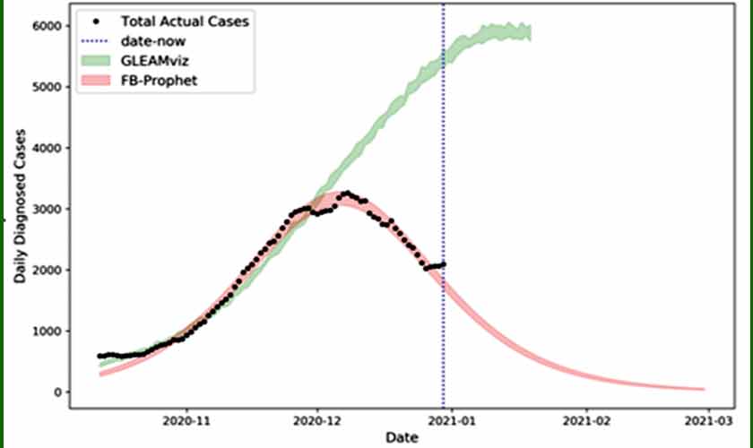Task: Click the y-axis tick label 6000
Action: click(x=46, y=26)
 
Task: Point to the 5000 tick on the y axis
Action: click(x=46, y=87)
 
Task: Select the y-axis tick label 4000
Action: click(x=46, y=148)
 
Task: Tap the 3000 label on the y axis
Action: click(x=46, y=209)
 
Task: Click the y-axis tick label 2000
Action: click(x=46, y=270)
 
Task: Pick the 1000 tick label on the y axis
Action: click(x=46, y=331)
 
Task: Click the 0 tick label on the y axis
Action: click(x=57, y=392)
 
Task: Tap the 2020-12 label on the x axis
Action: click(x=316, y=418)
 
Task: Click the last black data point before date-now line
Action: click(x=443, y=263)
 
